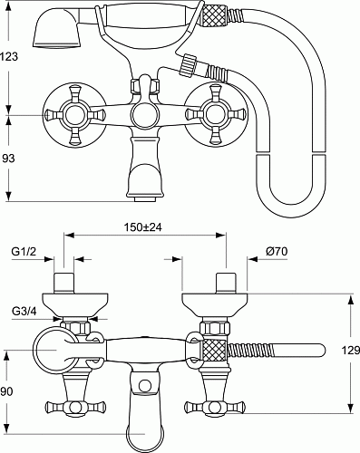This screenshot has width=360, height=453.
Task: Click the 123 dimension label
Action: tap(9, 56)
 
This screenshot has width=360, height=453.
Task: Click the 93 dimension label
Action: tap(8, 158)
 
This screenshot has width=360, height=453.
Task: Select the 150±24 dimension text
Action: tap(142, 226)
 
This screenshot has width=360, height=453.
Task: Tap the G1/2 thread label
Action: tap(24, 251)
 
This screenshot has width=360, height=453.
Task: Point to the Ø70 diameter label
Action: tap(277, 251)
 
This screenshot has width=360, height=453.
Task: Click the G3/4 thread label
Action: tap(24, 311)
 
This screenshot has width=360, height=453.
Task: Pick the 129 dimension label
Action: tap(351, 350)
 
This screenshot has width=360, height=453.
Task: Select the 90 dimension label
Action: tap(6, 391)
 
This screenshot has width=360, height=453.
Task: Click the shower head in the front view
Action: tap(56, 29)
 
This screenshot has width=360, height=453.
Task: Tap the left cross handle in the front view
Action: tap(74, 115)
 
